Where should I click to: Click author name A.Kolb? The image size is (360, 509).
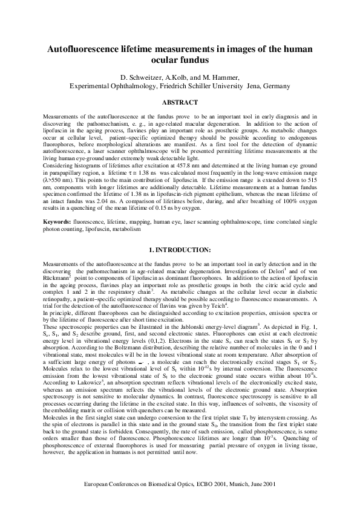pos(186,77)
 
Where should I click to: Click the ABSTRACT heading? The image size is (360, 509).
pos(180,102)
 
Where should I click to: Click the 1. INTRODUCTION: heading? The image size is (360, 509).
pos(180,249)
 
